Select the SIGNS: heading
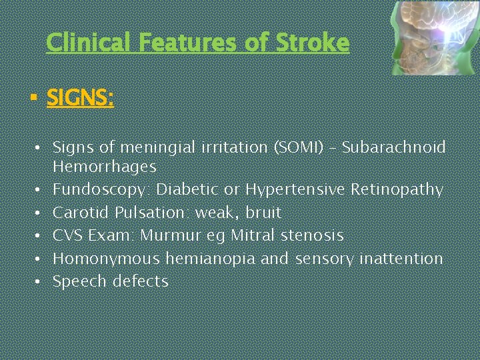(80, 99)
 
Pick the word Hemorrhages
(105, 167)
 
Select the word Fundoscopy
(102, 190)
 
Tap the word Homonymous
(107, 258)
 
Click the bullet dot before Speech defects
(40, 281)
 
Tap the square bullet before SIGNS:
(33, 99)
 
